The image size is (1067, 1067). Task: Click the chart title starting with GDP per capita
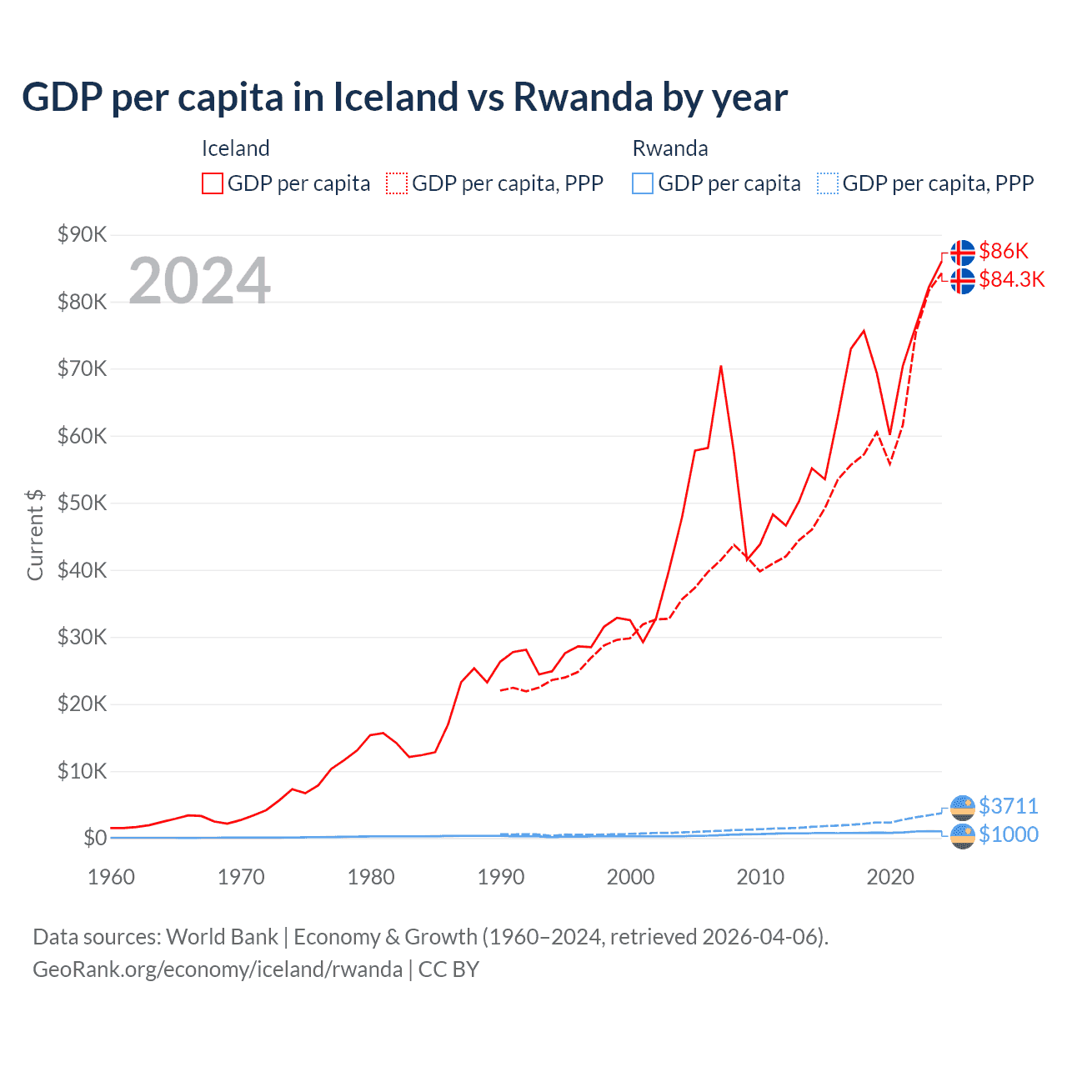(404, 98)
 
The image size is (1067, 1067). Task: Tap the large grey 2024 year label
(200, 281)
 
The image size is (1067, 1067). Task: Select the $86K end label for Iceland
(1004, 251)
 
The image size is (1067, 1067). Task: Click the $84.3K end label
(1011, 279)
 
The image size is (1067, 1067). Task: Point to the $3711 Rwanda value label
(1008, 806)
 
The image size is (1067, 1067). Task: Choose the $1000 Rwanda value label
(1008, 834)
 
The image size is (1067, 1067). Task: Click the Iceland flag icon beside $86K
(962, 252)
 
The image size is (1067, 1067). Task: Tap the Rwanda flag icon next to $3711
(962, 807)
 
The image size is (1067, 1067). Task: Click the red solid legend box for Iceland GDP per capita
(213, 183)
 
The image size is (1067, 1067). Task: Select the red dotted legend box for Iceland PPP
(397, 183)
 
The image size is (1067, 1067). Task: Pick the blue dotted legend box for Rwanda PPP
(828, 183)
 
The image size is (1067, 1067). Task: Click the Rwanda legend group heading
(670, 148)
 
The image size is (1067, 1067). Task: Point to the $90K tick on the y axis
(82, 234)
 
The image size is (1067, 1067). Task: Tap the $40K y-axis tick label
(82, 570)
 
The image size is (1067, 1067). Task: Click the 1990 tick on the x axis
(500, 877)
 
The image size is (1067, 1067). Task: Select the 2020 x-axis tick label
(890, 877)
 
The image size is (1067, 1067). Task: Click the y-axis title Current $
(35, 535)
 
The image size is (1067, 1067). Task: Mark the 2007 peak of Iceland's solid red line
(720, 366)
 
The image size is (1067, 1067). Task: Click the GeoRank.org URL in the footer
(218, 969)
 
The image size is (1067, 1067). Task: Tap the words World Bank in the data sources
(222, 937)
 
